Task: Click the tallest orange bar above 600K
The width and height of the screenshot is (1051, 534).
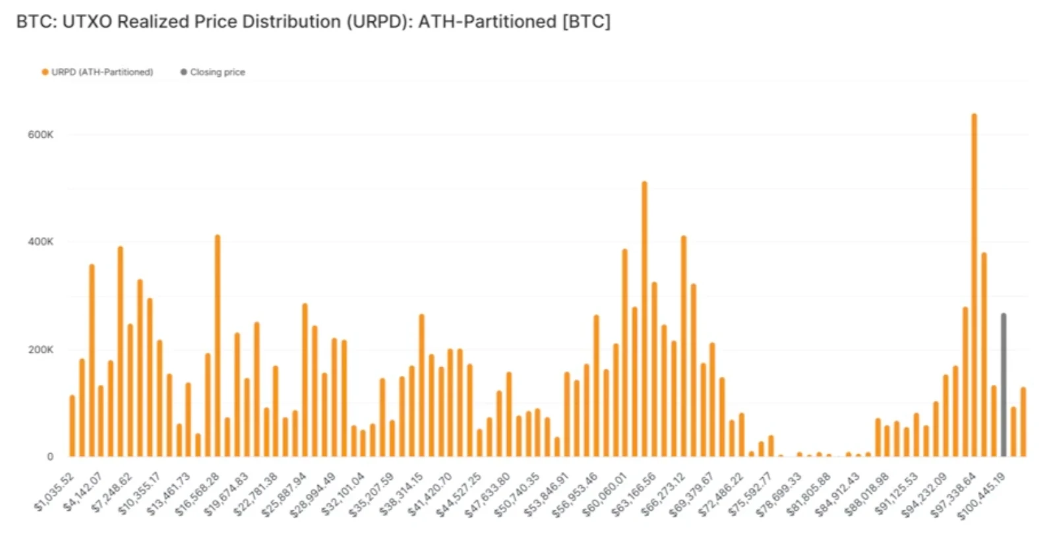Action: [974, 283]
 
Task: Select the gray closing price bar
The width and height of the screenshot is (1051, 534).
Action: [1004, 386]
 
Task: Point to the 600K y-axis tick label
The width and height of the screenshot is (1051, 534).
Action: [40, 134]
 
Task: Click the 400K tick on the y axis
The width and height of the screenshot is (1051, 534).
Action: [40, 241]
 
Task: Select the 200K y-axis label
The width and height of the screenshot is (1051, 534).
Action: [40, 349]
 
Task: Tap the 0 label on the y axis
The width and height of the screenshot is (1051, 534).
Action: [50, 456]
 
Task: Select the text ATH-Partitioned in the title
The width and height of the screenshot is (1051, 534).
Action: [487, 22]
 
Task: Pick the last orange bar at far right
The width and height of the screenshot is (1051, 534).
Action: [1023, 422]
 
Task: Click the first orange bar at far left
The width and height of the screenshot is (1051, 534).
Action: [72, 426]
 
